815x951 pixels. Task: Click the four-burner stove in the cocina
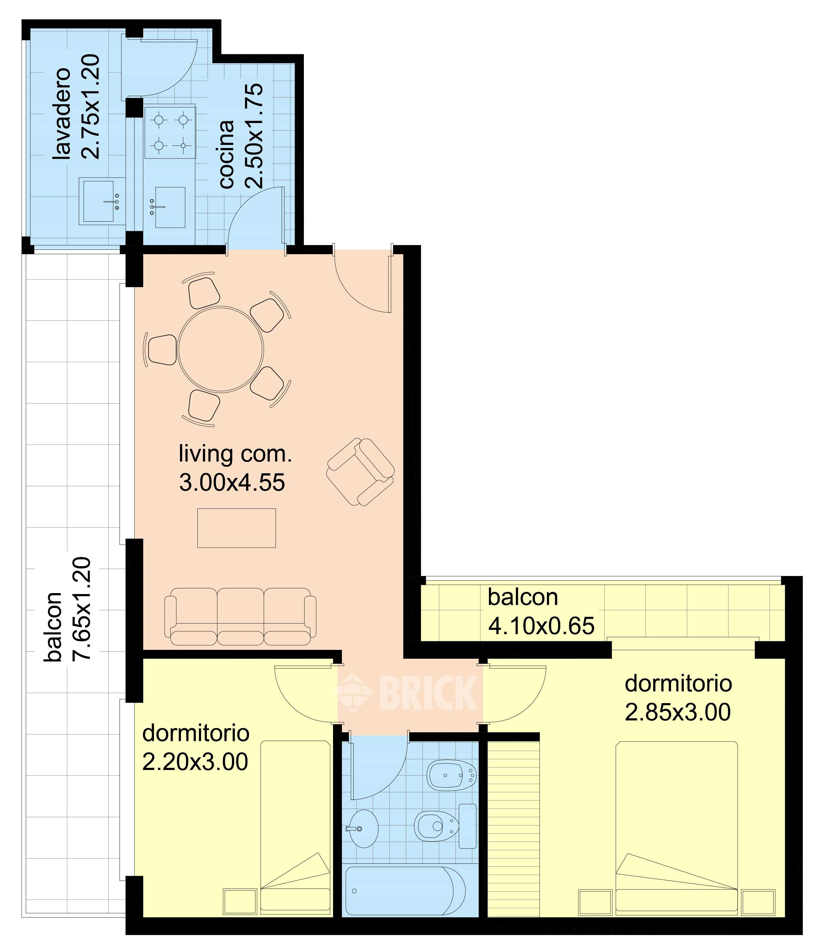(170, 132)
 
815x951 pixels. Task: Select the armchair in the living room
(360, 472)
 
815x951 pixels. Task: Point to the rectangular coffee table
(236, 528)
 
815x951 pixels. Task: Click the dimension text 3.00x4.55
(232, 482)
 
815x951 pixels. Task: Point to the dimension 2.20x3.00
(195, 761)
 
